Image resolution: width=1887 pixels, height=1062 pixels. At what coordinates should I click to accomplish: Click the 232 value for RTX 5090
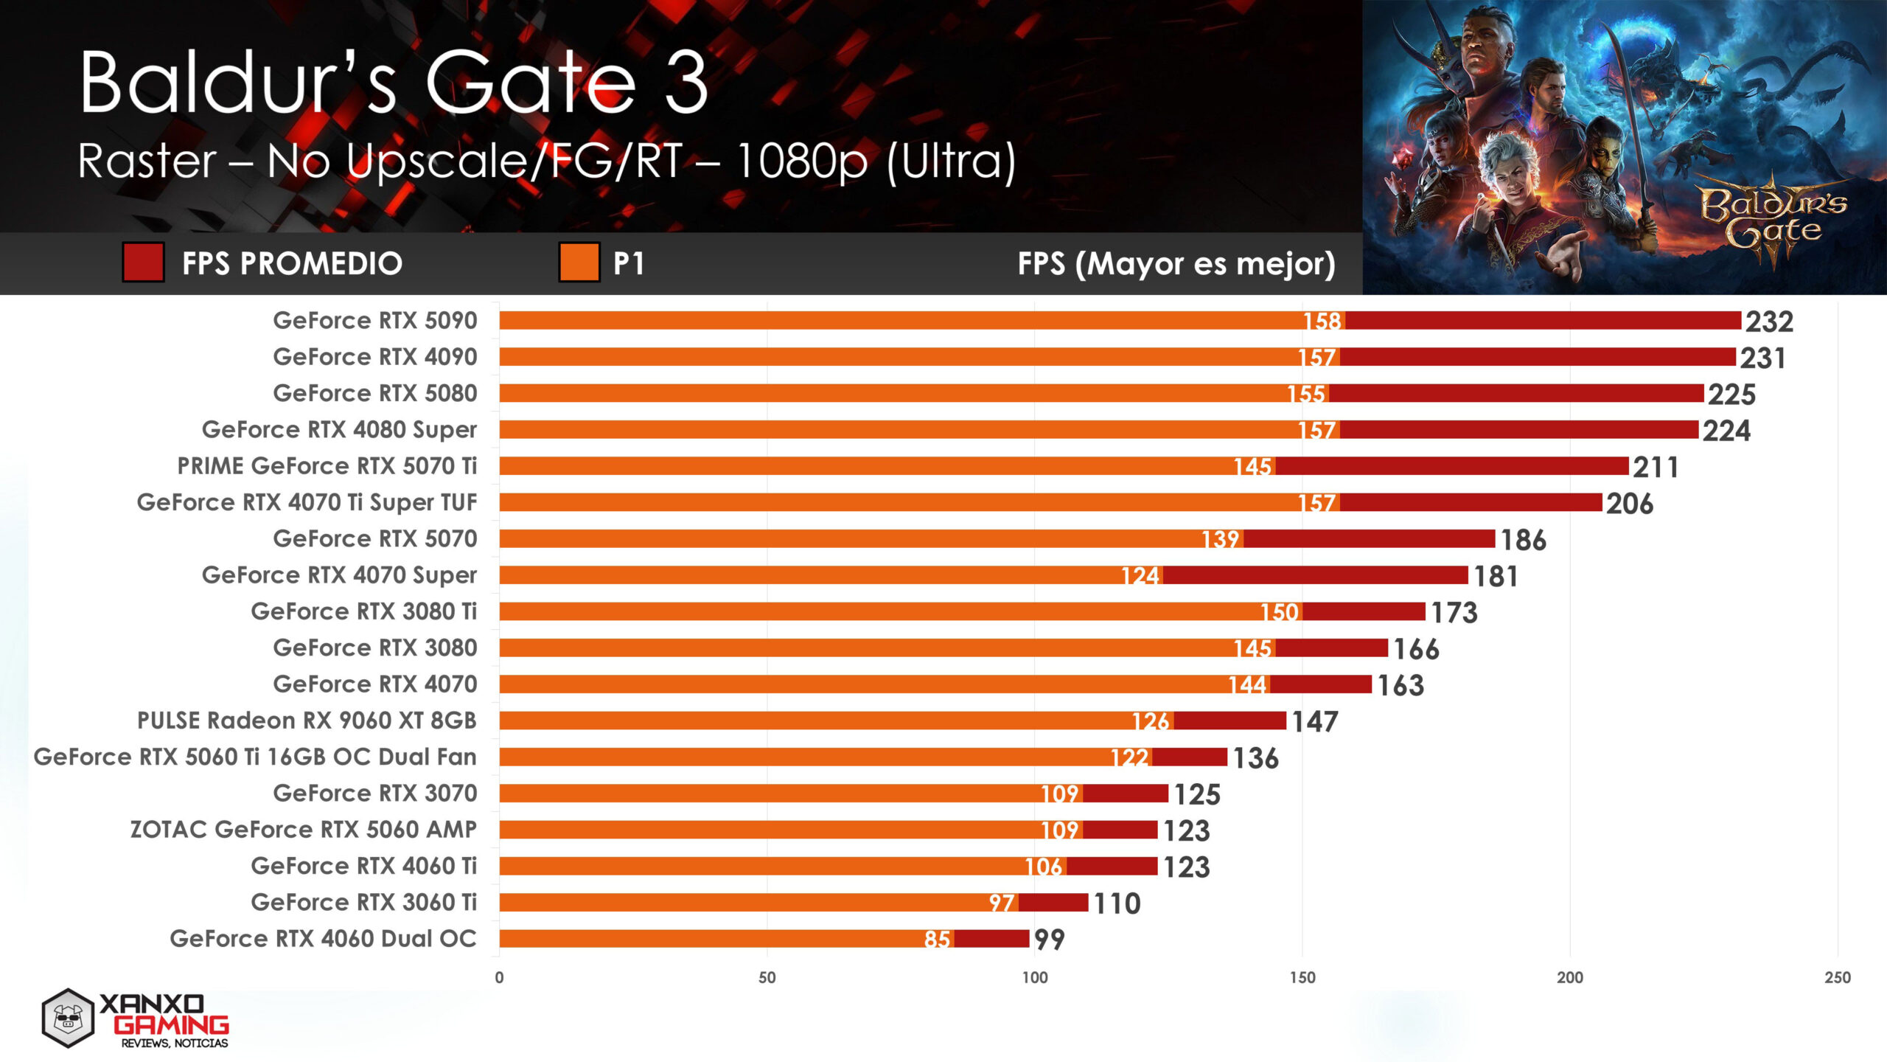click(x=1768, y=322)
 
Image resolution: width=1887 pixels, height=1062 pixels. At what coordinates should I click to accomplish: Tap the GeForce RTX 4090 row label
click(x=374, y=357)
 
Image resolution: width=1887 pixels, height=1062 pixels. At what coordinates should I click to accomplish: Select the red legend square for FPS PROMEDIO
click(x=143, y=263)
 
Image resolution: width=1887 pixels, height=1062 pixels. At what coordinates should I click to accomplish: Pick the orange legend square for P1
click(x=579, y=263)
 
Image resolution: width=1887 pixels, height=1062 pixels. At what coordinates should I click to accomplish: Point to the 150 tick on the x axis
click(x=1302, y=977)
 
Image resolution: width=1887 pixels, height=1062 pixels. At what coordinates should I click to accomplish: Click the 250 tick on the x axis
click(x=1837, y=977)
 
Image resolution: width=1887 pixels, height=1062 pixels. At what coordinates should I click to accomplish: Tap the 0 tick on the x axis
click(x=499, y=977)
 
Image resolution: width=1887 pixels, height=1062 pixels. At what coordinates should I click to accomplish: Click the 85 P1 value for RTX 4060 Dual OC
click(x=937, y=939)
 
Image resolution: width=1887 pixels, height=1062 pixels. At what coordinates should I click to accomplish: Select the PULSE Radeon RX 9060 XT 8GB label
click(x=307, y=721)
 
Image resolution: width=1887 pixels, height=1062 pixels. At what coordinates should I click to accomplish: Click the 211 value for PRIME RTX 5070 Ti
click(x=1655, y=467)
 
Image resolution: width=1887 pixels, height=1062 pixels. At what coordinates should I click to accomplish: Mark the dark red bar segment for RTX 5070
click(x=1369, y=539)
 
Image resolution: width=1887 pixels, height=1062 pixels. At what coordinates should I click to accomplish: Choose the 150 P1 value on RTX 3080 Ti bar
click(x=1279, y=612)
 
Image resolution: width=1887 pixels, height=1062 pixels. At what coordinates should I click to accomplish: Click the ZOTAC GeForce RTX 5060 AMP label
click(x=303, y=830)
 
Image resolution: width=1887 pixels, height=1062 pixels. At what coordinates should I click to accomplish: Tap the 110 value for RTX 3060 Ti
click(x=1116, y=903)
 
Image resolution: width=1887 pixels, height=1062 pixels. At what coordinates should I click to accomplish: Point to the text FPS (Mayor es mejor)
click(x=1176, y=263)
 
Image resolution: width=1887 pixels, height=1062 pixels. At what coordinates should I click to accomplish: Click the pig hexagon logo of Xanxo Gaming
click(x=68, y=1018)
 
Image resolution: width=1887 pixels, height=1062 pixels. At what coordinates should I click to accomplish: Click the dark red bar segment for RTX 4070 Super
click(x=1315, y=575)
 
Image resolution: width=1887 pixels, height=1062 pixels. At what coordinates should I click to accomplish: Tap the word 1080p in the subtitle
click(x=801, y=161)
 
